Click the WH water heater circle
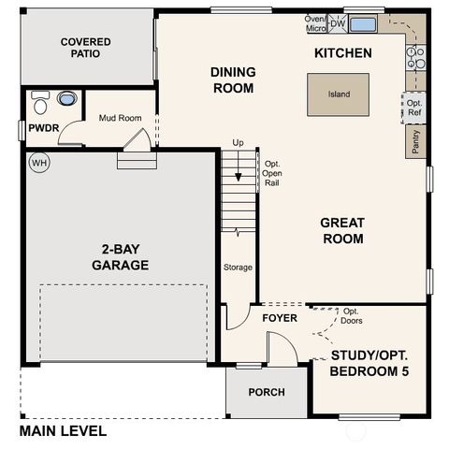coord(38,162)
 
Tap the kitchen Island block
coord(338,94)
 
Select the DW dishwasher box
coord(338,24)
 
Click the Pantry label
coord(413,140)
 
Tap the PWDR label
coord(41,127)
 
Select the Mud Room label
coord(119,118)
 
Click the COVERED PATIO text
coord(85,48)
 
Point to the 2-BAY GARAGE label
coord(120,257)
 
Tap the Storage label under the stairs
coord(238,268)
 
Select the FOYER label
coord(279,319)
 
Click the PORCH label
coord(267,392)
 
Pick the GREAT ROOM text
coord(341,230)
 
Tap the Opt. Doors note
coord(353,316)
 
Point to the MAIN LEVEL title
coord(63,431)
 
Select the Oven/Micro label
coord(316,23)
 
